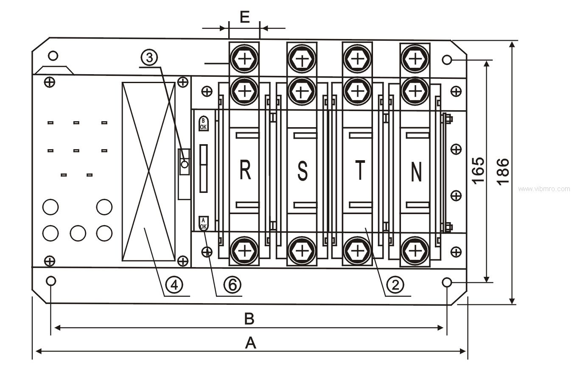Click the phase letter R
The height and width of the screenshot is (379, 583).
[245, 170]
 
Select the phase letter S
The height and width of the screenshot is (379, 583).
[302, 170]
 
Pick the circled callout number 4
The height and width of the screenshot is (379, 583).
[174, 284]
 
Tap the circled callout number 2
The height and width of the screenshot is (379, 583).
[395, 284]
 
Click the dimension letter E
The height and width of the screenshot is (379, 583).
[244, 17]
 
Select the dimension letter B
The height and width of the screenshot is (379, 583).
[249, 319]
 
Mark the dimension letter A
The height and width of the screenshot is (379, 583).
[251, 343]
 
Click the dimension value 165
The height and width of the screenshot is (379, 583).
[478, 170]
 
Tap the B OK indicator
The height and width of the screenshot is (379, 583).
[203, 123]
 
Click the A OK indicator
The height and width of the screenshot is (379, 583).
[203, 223]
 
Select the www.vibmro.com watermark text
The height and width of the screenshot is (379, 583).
[544, 189]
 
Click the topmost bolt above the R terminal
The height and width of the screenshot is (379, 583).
[244, 59]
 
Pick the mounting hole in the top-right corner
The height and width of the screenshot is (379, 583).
[447, 59]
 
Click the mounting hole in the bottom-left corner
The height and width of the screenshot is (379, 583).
[51, 281]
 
